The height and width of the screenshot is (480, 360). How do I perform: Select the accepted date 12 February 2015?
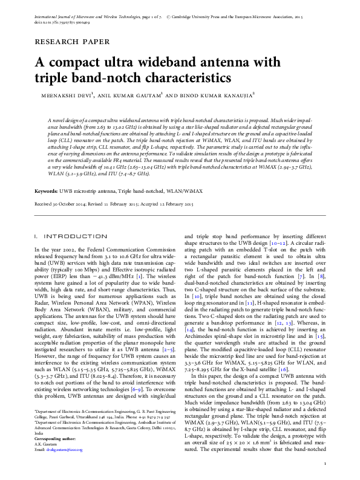coord(172,204)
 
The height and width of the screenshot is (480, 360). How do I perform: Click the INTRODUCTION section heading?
coord(66,236)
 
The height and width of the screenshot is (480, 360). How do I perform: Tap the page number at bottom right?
coord(325,464)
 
